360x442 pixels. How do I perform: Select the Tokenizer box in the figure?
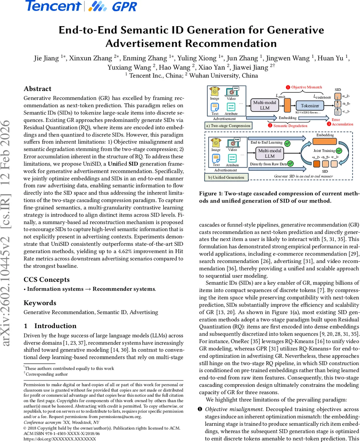point(310,106)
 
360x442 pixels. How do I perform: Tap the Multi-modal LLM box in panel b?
point(270,154)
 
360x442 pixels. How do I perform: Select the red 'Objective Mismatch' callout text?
point(306,87)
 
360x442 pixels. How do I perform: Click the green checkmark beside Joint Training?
point(339,150)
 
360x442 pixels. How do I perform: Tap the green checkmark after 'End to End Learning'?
point(287,143)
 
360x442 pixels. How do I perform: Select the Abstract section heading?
point(38,89)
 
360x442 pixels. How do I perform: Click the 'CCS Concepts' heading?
point(46,280)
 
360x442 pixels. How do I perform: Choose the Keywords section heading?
point(40,303)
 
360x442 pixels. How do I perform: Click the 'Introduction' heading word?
point(55,326)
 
